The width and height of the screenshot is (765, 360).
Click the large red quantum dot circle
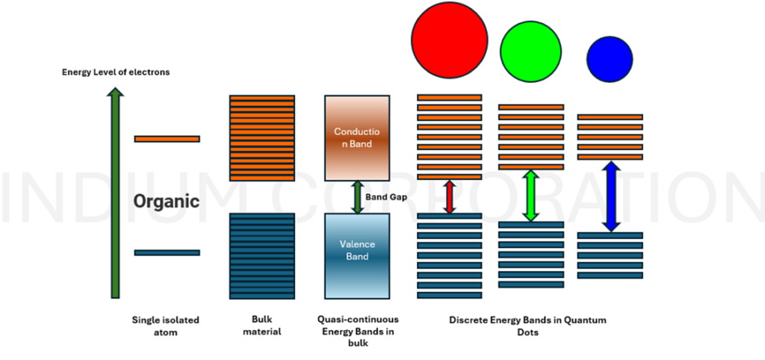point(449,39)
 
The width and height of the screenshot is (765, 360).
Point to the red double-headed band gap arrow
point(449,197)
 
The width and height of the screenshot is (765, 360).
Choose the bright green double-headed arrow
point(530,196)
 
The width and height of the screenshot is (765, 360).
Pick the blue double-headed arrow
point(611,196)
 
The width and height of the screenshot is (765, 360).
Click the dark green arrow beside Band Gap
point(357,197)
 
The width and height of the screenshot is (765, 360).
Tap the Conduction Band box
point(357,137)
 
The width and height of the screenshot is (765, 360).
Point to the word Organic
point(167,201)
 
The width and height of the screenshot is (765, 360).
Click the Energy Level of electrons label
point(116,72)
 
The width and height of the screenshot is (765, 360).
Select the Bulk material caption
point(261,326)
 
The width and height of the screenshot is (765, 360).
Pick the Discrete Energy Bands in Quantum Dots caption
point(527,326)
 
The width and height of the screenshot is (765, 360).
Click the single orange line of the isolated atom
point(167,139)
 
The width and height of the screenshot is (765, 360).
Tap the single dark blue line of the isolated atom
point(167,252)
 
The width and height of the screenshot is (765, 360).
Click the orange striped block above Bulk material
point(261,137)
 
